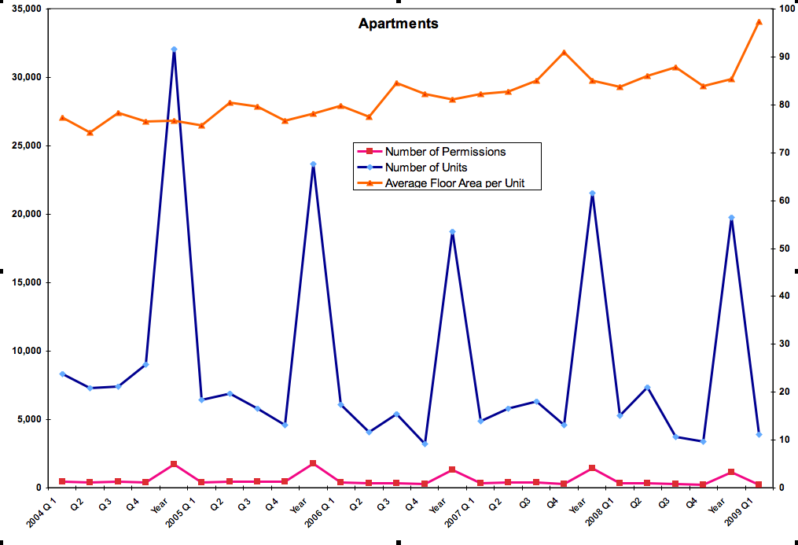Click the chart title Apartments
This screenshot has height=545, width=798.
point(398,24)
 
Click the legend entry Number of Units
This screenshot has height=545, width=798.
point(425,168)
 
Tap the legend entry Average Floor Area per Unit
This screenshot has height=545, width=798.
point(454,183)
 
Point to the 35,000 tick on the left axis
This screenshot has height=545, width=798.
point(24,9)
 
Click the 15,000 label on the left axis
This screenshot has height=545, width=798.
point(24,283)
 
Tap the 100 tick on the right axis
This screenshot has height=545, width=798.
point(785,9)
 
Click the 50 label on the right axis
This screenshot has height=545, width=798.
point(782,249)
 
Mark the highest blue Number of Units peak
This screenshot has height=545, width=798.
point(174,50)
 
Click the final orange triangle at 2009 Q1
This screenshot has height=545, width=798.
point(759,22)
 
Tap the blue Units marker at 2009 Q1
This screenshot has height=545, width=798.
point(759,434)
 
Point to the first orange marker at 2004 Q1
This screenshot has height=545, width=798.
point(62,118)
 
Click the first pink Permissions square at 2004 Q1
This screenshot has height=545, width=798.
point(62,481)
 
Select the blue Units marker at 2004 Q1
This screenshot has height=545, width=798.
point(62,374)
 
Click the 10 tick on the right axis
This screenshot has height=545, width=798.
point(782,440)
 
